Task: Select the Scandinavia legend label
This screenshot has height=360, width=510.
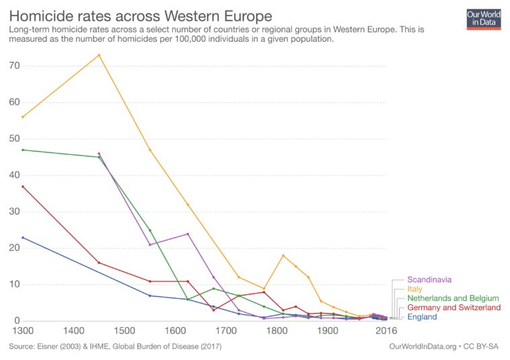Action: click(x=429, y=279)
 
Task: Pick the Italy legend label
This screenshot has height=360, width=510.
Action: click(x=415, y=289)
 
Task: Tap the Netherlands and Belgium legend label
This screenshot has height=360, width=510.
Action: click(x=453, y=298)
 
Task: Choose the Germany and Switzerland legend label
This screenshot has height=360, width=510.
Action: click(x=454, y=308)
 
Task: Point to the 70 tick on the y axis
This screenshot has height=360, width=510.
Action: click(x=13, y=66)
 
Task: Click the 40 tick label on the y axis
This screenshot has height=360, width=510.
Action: click(x=13, y=176)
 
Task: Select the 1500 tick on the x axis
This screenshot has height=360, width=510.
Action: click(x=124, y=331)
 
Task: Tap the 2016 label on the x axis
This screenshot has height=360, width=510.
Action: click(x=386, y=331)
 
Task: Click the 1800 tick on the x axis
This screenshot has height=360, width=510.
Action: click(x=277, y=331)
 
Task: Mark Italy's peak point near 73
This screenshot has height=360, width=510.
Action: click(x=99, y=55)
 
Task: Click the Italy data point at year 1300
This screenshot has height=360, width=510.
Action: click(x=23, y=117)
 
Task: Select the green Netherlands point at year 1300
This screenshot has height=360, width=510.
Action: click(x=23, y=150)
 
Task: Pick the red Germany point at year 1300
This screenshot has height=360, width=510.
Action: click(x=23, y=186)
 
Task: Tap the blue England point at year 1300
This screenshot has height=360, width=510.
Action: click(x=23, y=238)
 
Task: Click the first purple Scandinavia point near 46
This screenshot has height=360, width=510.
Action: click(x=99, y=153)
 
